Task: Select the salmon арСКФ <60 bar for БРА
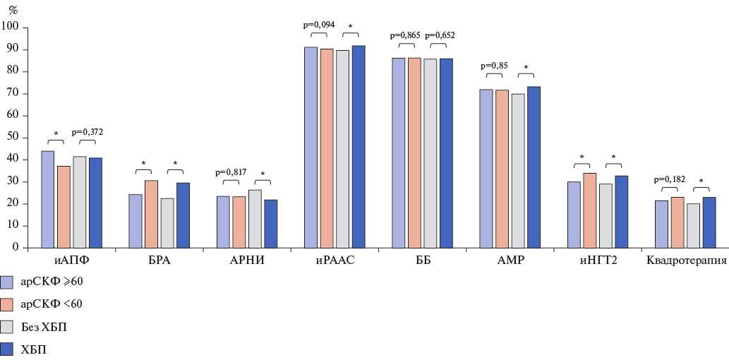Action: pyautogui.click(x=151, y=214)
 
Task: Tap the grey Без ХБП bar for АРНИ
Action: pyautogui.click(x=255, y=219)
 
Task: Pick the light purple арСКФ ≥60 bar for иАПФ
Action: pyautogui.click(x=47, y=199)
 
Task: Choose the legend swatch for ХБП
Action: pyautogui.click(x=8, y=349)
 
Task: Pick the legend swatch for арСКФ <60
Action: pyautogui.click(x=8, y=304)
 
